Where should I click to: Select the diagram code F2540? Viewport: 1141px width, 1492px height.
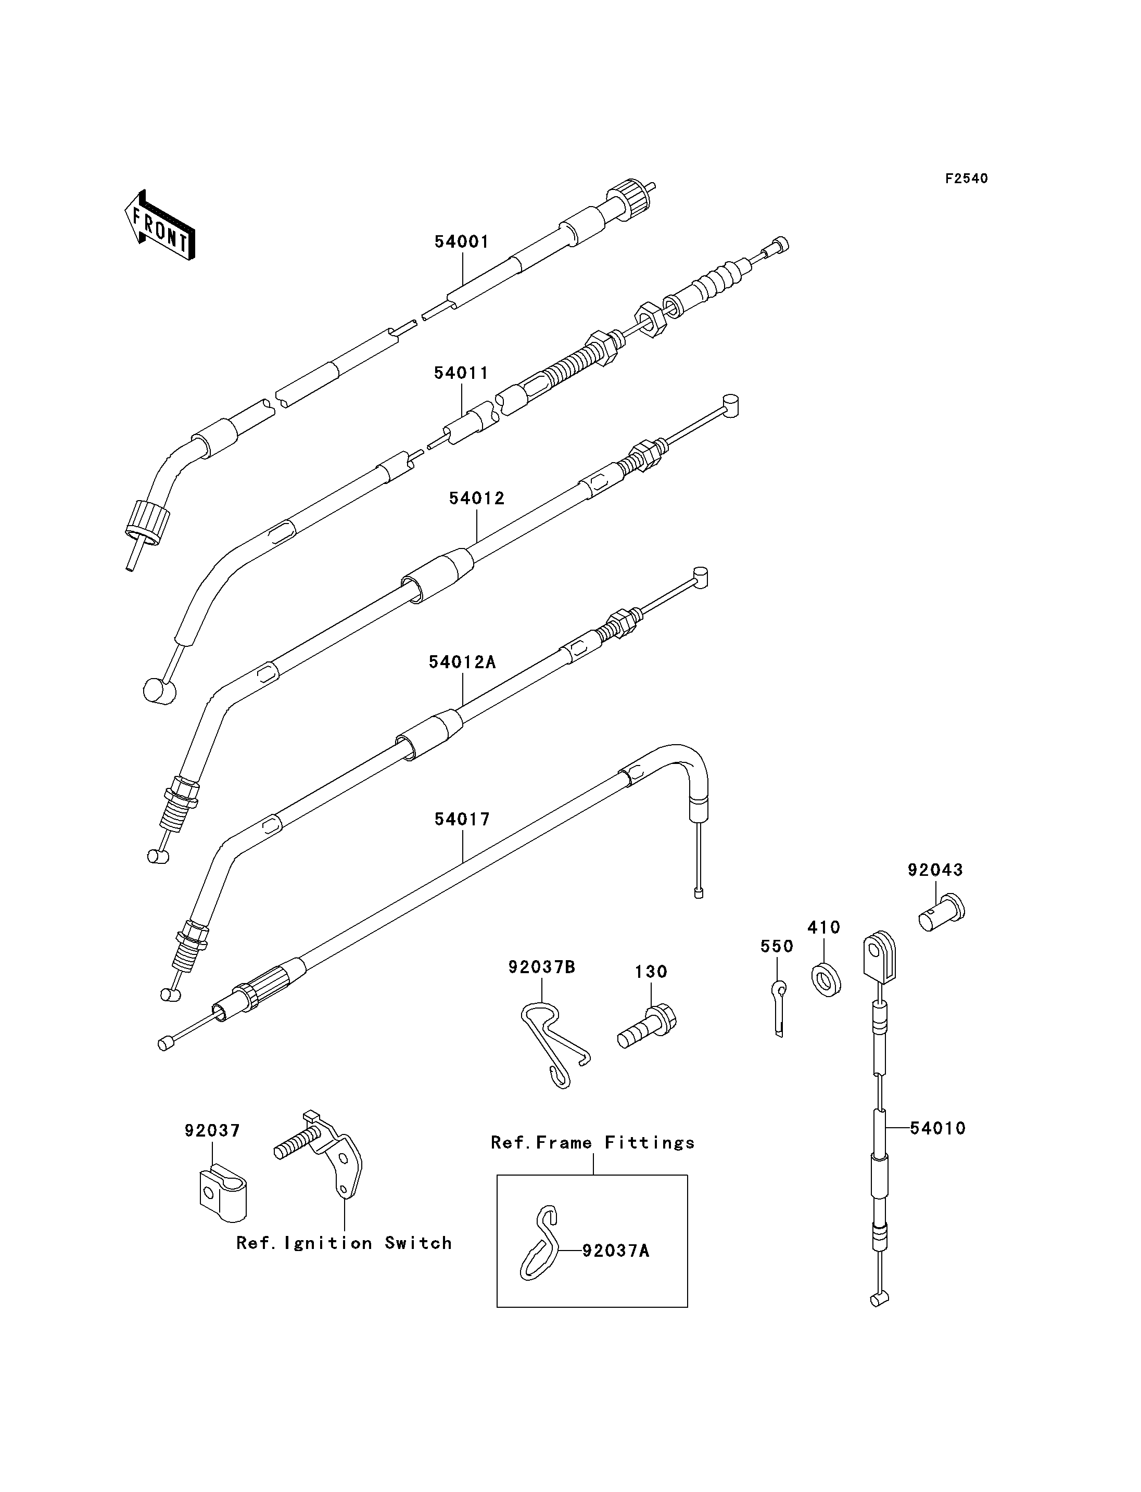[x=967, y=178]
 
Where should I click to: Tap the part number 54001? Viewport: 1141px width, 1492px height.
[x=462, y=243]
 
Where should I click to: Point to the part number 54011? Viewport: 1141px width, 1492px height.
[x=462, y=374]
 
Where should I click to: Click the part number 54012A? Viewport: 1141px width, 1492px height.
[x=463, y=662]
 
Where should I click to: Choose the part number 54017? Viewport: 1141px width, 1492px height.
[x=463, y=820]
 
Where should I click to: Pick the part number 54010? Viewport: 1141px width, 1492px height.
[x=938, y=1129]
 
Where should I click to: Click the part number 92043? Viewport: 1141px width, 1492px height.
[x=936, y=870]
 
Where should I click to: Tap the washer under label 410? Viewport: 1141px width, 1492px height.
[x=826, y=980]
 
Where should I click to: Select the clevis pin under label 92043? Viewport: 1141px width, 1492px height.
[x=943, y=913]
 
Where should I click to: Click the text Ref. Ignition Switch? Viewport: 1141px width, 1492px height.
[x=345, y=1243]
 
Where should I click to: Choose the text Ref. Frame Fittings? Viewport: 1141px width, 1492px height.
[x=593, y=1143]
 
